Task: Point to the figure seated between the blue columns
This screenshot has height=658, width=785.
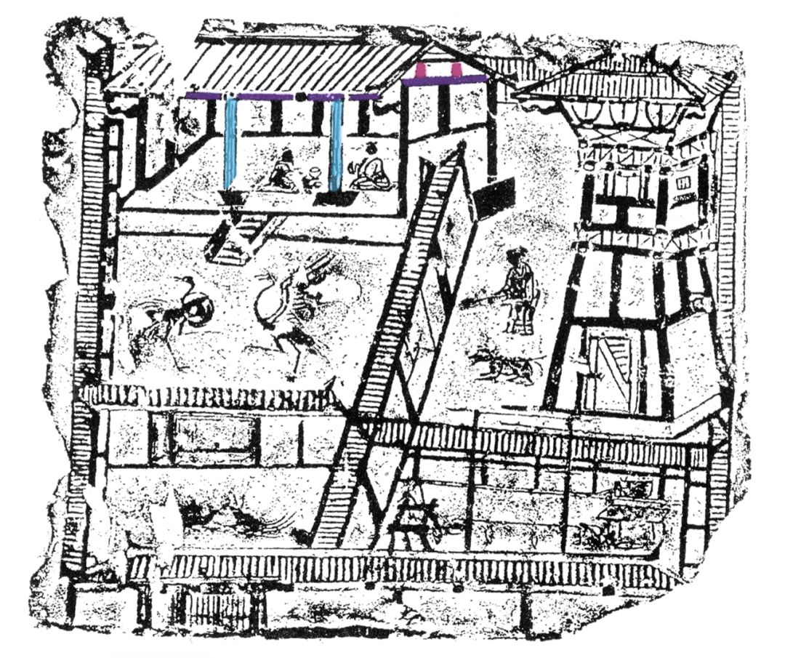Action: [284, 172]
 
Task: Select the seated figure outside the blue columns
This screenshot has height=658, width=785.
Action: [372, 169]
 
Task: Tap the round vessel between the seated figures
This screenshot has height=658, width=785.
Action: [314, 177]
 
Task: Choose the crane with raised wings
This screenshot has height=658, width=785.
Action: [291, 305]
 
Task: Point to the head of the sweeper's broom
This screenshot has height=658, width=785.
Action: [467, 302]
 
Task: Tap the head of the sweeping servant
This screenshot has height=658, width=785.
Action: [517, 257]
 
